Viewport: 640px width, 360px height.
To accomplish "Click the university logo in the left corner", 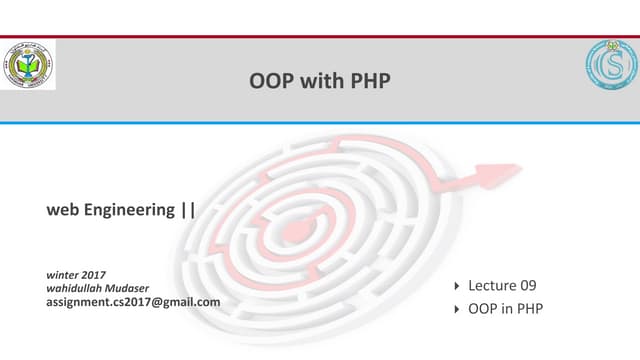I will click(x=29, y=66).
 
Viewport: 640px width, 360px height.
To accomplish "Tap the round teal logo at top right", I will click(x=609, y=66).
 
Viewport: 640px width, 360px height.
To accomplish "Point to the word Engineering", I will click(x=127, y=210).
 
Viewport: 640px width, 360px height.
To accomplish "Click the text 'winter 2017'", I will click(x=77, y=274).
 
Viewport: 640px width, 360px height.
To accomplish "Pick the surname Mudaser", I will click(x=143, y=288).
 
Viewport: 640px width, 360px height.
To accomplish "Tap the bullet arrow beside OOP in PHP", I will click(x=457, y=309).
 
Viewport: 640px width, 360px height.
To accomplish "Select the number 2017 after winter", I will click(x=94, y=274).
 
